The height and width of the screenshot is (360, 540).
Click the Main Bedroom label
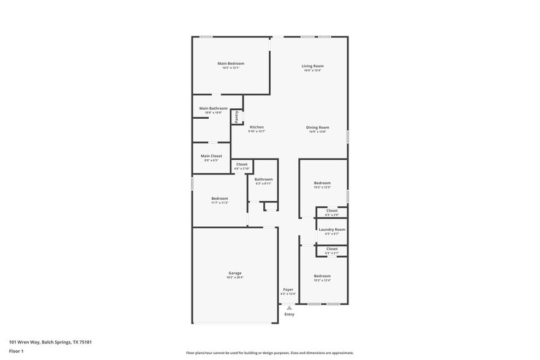231,64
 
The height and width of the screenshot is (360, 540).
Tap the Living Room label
312,66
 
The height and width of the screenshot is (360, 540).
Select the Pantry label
237,116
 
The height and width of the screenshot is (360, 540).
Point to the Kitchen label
257,127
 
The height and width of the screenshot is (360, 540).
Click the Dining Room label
318,127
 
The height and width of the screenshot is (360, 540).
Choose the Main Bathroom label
213,108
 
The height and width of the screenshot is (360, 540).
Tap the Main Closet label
211,156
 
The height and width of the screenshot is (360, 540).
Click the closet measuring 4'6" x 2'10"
242,165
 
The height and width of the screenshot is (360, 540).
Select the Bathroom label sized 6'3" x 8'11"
263,179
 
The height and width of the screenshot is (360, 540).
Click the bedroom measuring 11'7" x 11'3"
220,198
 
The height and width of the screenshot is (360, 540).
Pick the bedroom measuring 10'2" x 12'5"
322,183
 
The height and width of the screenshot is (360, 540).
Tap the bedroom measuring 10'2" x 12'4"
322,276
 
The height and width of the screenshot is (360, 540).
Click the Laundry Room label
331,230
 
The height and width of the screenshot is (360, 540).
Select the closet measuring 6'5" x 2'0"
331,211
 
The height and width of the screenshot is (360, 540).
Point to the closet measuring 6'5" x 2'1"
331,249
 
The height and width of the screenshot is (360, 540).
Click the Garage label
235,274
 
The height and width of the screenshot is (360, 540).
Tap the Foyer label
288,290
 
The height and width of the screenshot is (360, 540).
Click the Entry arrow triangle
289,308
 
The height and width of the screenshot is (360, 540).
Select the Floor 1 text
16,351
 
